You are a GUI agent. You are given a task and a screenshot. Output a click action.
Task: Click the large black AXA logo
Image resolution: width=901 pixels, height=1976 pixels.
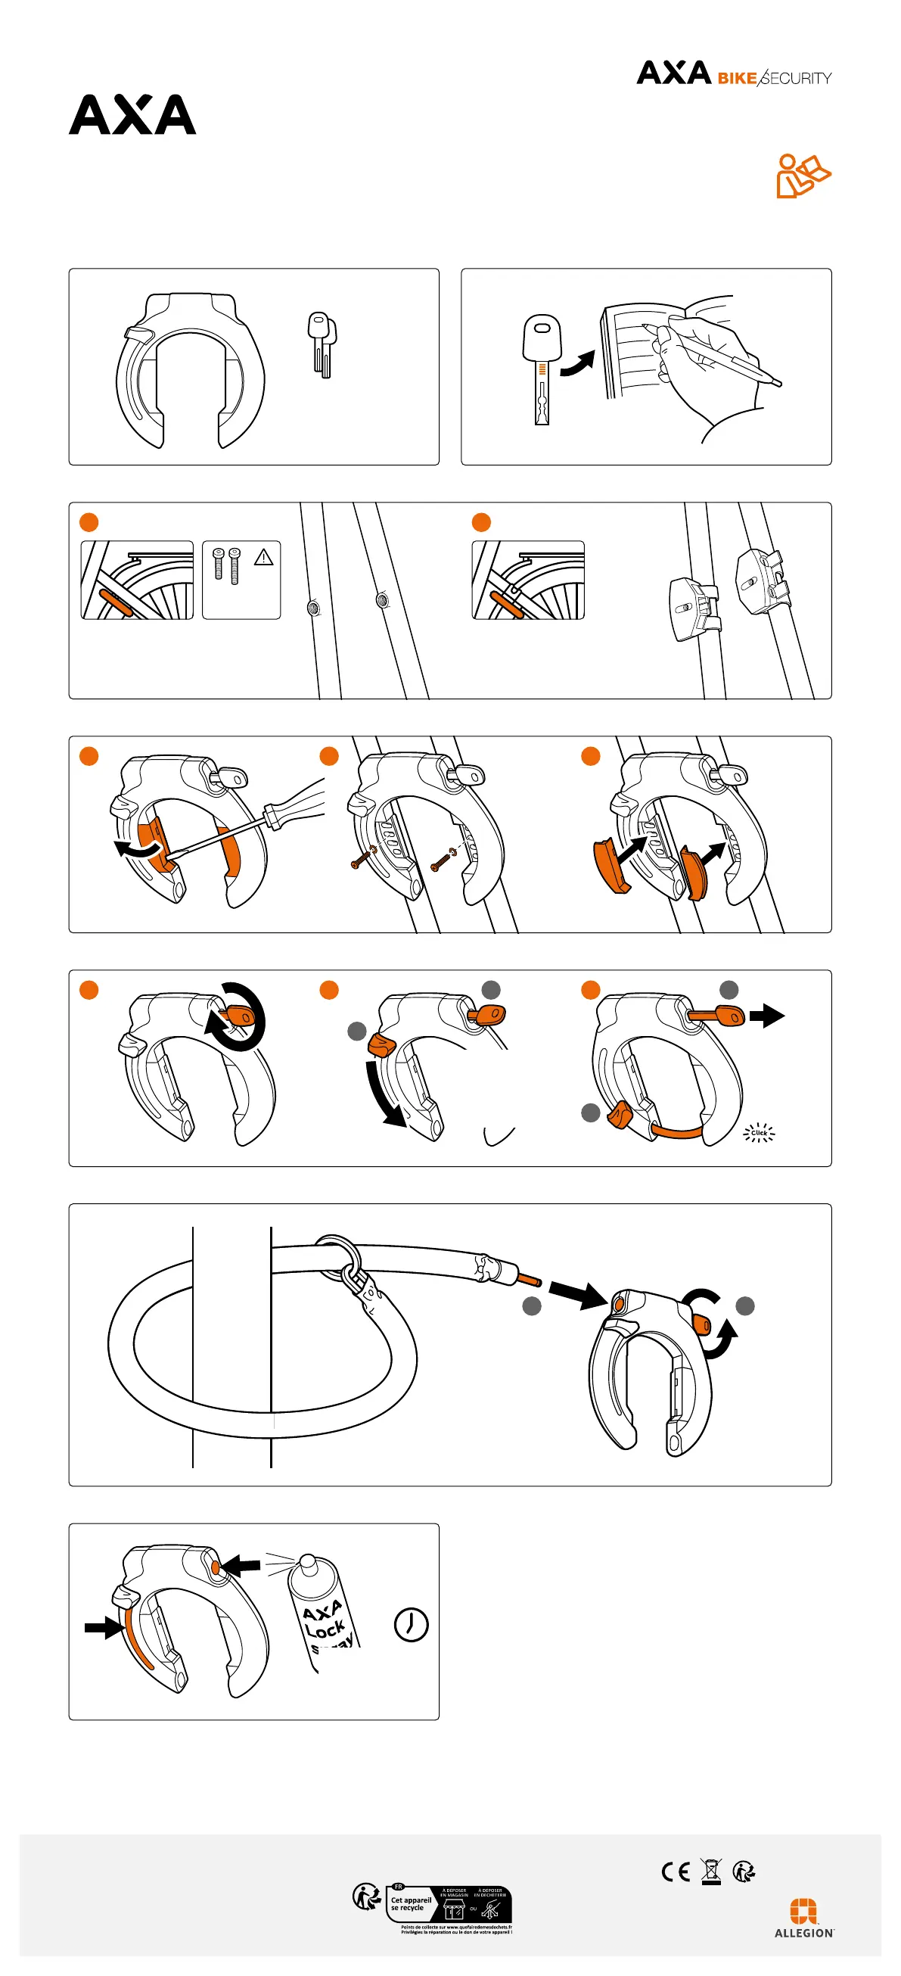tap(132, 115)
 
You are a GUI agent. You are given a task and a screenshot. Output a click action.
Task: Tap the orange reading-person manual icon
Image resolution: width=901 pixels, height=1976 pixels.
tap(802, 176)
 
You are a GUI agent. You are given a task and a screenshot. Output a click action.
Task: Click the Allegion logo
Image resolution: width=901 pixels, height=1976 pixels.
tap(803, 1917)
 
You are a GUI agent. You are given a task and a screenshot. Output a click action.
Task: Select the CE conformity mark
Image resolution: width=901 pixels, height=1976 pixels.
tap(675, 1872)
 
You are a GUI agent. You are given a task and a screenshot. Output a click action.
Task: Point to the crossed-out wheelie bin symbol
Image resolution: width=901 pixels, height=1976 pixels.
tap(712, 1872)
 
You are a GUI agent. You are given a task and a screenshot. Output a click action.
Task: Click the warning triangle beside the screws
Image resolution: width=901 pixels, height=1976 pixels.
tap(264, 558)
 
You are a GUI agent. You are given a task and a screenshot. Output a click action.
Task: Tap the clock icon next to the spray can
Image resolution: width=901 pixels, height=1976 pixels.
tap(411, 1624)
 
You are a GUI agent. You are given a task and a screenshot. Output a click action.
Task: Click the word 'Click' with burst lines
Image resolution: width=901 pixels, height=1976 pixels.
tap(759, 1132)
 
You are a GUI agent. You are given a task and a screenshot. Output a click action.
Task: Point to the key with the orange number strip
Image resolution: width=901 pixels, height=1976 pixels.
tap(542, 369)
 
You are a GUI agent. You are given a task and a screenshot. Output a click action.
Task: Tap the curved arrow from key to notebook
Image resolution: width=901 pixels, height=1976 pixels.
tap(578, 363)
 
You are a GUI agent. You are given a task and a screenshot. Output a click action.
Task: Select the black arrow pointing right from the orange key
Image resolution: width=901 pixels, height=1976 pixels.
tap(767, 1016)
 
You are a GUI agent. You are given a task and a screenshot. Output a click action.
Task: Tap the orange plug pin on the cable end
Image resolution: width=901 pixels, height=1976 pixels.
tap(529, 1279)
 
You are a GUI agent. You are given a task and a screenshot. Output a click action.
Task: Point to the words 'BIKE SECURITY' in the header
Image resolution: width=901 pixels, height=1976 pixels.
tap(774, 78)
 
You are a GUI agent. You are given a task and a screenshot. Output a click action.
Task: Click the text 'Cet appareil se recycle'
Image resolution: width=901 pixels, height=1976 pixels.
tap(411, 1904)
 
